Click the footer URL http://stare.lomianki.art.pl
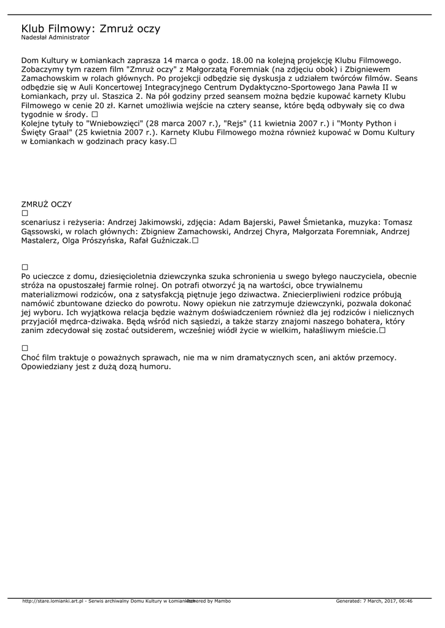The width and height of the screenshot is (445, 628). pyautogui.click(x=53, y=601)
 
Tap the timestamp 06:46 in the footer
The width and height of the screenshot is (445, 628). pyautogui.click(x=404, y=601)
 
